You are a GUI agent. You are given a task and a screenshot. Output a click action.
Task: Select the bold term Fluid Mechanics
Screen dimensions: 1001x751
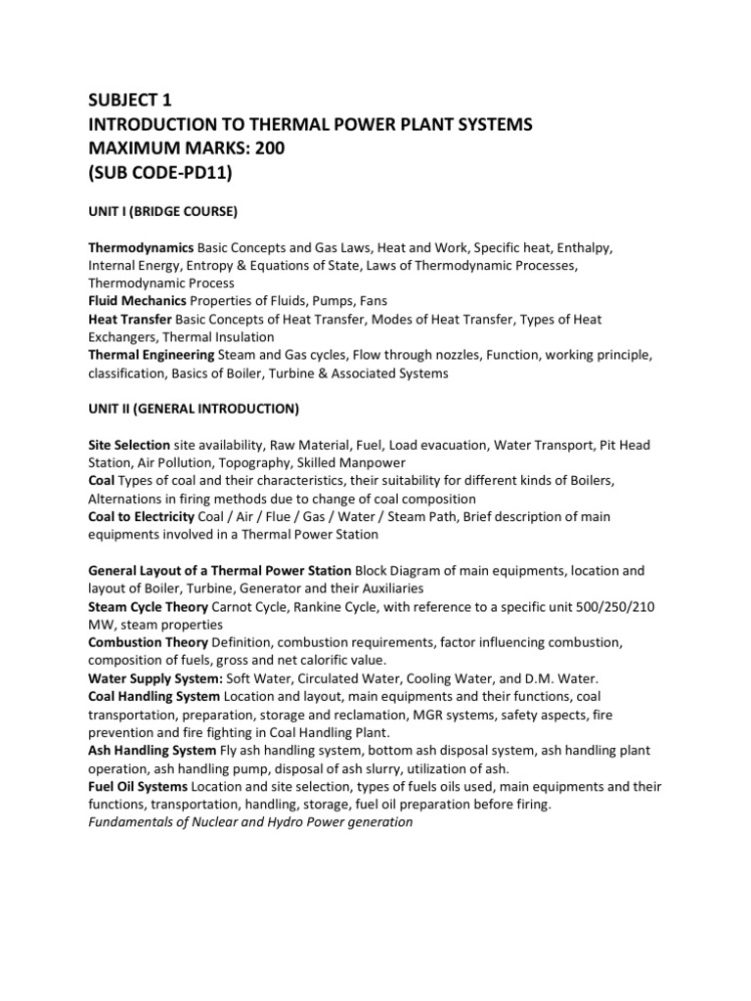[136, 301]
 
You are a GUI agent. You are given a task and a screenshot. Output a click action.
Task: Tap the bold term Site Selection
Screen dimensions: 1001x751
[129, 445]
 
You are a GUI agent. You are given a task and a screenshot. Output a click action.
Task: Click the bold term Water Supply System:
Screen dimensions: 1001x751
[155, 677]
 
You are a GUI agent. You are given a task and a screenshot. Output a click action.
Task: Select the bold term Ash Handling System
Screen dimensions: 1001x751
[152, 750]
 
